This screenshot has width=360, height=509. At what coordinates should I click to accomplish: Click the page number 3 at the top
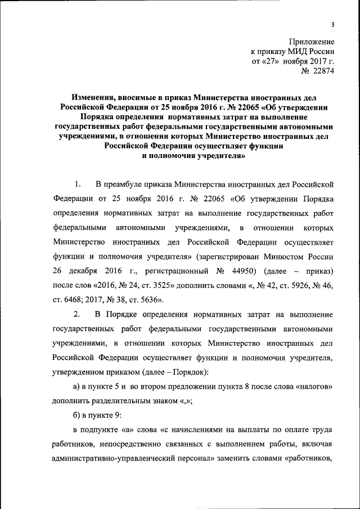tap(332, 24)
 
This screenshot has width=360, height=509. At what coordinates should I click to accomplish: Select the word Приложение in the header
tap(312, 42)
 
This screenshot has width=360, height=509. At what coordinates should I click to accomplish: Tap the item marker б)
tap(77, 415)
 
